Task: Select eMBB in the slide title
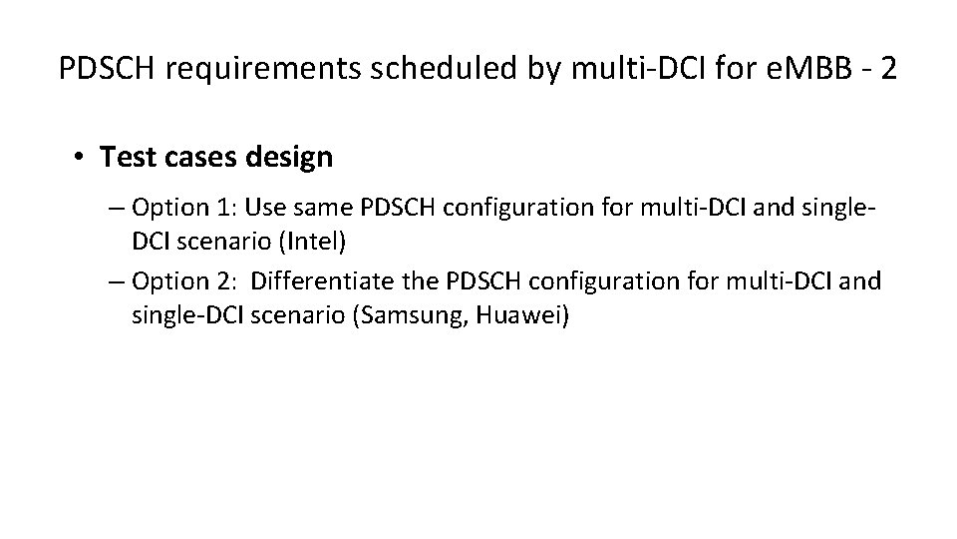tap(794, 69)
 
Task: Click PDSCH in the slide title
tap(101, 69)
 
